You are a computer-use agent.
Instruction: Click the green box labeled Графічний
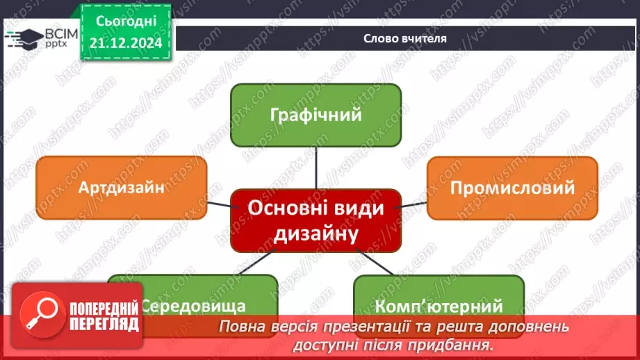(x=315, y=115)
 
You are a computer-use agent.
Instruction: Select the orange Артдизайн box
(x=121, y=188)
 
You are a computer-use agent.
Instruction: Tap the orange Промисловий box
(x=512, y=188)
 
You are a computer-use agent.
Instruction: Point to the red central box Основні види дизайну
(x=315, y=220)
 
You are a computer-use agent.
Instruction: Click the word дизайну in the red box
(x=315, y=233)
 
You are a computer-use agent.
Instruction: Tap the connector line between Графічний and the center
(x=316, y=167)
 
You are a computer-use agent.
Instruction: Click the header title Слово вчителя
(x=404, y=39)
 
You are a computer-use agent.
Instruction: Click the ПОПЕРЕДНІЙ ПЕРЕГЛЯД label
(x=104, y=316)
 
